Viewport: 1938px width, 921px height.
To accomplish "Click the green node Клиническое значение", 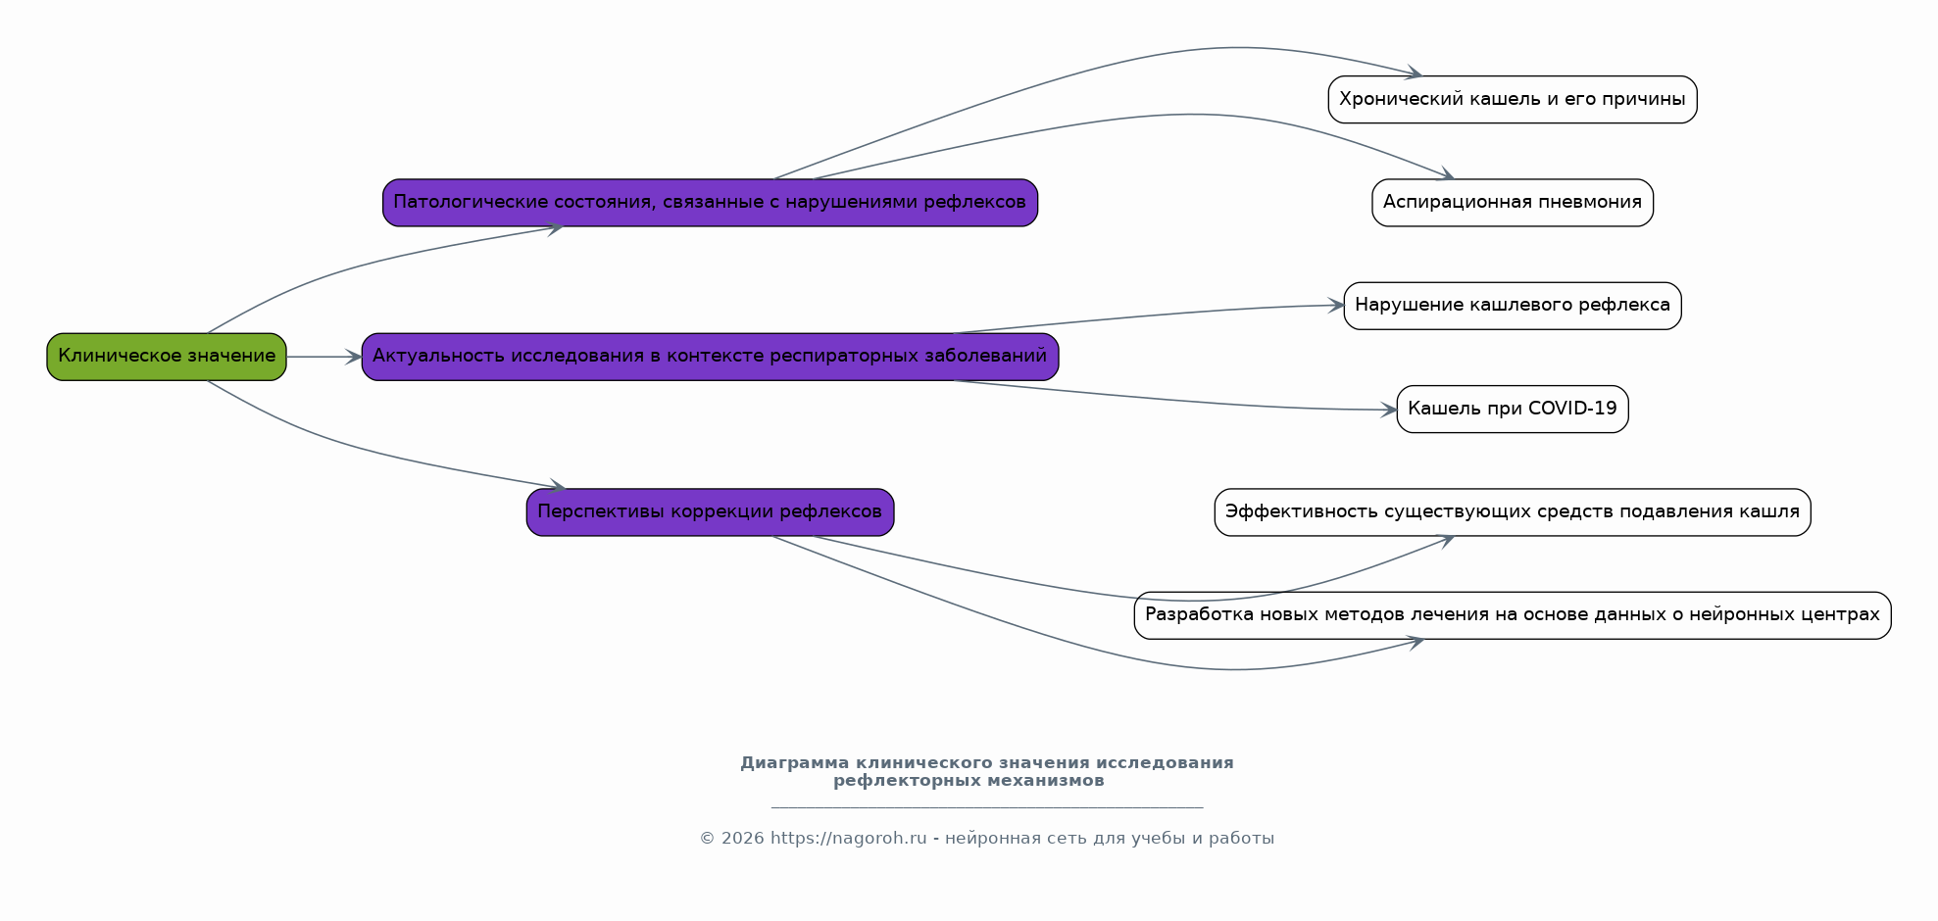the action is (x=167, y=357).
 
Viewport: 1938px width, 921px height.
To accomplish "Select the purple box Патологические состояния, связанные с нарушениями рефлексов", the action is (x=710, y=203).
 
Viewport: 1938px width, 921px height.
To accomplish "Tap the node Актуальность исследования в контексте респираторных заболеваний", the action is (x=710, y=357).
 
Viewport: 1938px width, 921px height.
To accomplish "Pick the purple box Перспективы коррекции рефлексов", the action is (x=710, y=512).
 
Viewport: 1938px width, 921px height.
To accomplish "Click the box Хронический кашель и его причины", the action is (x=1513, y=100).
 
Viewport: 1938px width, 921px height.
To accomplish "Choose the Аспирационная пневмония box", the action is (x=1513, y=203).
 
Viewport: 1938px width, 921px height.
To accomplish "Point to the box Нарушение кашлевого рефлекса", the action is (x=1513, y=306).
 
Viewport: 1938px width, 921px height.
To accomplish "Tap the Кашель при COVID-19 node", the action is (x=1513, y=410).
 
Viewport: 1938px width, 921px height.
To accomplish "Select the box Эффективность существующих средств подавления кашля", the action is (x=1513, y=512).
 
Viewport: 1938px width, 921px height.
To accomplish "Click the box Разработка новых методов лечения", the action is (x=1513, y=615).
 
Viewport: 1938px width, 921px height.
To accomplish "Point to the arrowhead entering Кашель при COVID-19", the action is (x=1388, y=410).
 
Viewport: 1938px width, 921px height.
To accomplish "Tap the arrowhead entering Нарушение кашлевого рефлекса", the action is (x=1335, y=306).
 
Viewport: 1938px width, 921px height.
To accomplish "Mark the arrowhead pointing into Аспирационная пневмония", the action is (x=1445, y=174).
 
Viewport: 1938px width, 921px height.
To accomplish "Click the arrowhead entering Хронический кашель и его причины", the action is (x=1414, y=73).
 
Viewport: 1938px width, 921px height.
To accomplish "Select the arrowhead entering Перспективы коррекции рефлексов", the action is (x=557, y=485).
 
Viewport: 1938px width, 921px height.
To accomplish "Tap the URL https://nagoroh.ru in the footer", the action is (x=848, y=839).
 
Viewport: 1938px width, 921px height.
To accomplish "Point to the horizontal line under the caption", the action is (x=987, y=808).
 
